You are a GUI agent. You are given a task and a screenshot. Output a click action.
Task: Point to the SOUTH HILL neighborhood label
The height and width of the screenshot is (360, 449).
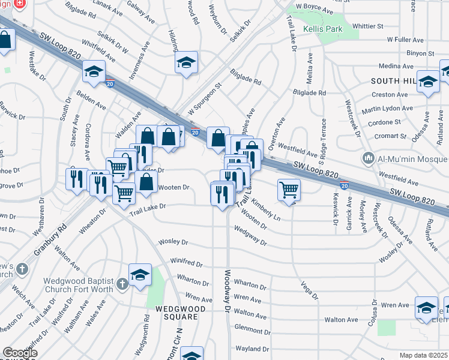[x=393, y=80]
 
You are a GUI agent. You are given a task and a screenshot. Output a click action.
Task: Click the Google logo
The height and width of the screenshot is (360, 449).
[x=20, y=353]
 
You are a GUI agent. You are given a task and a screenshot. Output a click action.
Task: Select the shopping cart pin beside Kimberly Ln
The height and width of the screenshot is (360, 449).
[x=289, y=190]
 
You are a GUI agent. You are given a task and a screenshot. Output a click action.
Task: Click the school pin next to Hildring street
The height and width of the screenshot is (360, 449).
[x=186, y=62]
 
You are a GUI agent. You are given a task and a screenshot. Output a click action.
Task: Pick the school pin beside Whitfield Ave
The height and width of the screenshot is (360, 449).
[x=94, y=72]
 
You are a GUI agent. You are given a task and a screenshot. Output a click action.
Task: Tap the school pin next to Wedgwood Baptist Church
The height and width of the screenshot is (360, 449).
[x=140, y=275]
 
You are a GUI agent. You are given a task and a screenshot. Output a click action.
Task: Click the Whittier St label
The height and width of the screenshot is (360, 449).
[x=368, y=26]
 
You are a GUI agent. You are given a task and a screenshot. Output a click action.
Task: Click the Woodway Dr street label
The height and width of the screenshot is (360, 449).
[x=228, y=291]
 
